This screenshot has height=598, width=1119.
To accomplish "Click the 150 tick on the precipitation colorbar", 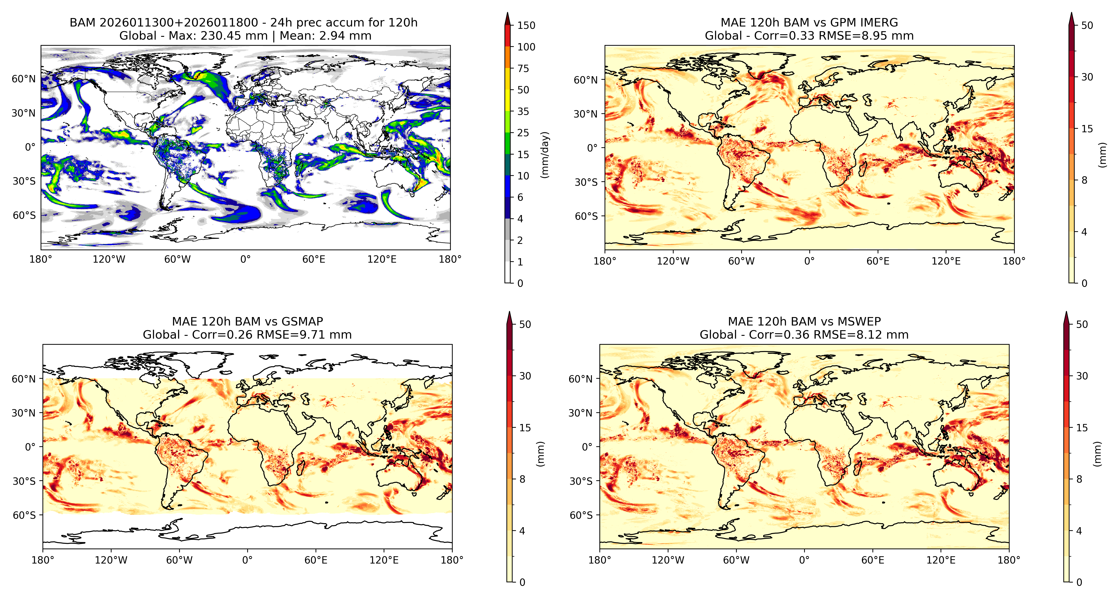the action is [526, 25].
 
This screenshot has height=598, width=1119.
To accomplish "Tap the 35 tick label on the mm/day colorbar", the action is [523, 112].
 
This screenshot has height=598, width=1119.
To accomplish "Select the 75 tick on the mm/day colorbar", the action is [523, 68].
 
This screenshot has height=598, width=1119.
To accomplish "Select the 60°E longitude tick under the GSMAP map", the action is [316, 560].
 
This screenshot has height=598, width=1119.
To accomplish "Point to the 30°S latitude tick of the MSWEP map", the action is [581, 481].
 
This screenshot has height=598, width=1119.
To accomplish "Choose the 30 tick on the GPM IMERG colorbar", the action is [1087, 77].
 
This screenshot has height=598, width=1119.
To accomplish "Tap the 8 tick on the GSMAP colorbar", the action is [522, 479].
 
